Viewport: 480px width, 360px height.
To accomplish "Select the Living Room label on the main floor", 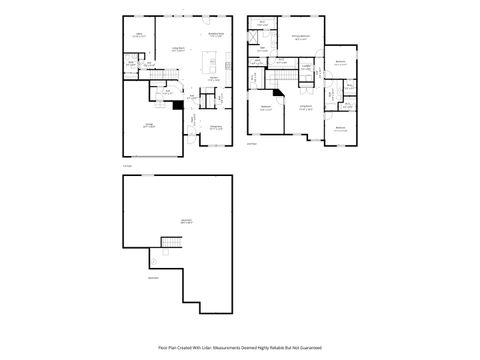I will click(x=180, y=49).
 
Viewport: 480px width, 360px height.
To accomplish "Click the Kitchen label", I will click(x=214, y=79).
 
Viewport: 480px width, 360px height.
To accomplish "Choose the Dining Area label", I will click(x=214, y=127).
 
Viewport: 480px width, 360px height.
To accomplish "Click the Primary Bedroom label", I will click(x=299, y=39).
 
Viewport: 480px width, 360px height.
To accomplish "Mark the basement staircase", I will click(x=173, y=243).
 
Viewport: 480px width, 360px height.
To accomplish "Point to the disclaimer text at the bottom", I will click(x=240, y=348).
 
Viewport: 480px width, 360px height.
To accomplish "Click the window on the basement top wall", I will click(x=147, y=176).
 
